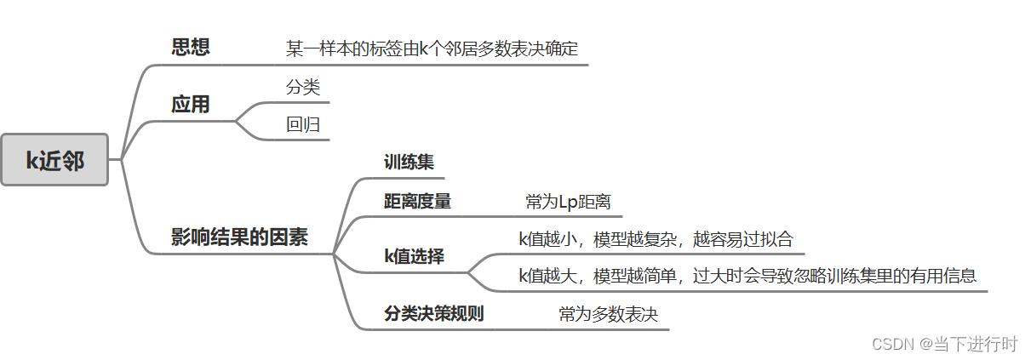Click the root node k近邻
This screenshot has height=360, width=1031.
click(54, 159)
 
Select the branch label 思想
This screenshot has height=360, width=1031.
click(191, 47)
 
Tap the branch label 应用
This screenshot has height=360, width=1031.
click(191, 105)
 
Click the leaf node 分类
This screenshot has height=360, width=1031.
click(303, 87)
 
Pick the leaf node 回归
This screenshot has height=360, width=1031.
click(303, 124)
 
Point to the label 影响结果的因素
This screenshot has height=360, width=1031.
click(239, 237)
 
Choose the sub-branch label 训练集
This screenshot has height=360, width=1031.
click(409, 162)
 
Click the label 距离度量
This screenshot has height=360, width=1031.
click(417, 202)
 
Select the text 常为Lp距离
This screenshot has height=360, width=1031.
click(568, 202)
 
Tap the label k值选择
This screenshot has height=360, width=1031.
click(414, 256)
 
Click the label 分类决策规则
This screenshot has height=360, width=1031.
click(433, 313)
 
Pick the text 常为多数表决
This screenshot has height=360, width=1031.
click(609, 314)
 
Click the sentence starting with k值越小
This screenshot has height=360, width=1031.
click(656, 239)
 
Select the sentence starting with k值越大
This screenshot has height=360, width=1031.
click(747, 276)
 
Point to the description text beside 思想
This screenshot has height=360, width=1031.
click(436, 48)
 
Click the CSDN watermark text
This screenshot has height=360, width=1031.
click(945, 344)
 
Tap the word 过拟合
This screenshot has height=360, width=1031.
click(771, 239)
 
